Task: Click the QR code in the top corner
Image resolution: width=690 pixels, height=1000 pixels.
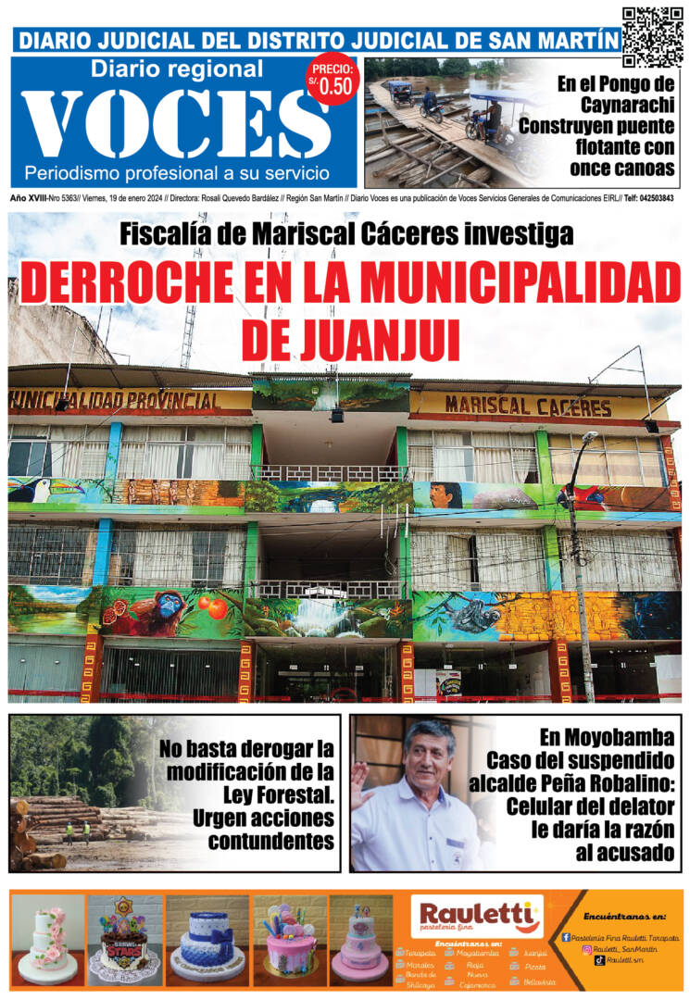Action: (x=652, y=36)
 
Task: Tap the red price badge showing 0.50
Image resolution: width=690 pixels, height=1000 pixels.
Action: (x=331, y=79)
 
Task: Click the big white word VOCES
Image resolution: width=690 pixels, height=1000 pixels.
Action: (x=175, y=124)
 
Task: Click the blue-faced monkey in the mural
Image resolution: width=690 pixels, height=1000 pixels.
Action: (x=168, y=609)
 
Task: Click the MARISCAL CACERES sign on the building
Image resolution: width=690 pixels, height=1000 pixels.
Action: (x=527, y=406)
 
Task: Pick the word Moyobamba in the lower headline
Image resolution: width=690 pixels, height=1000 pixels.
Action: (x=608, y=737)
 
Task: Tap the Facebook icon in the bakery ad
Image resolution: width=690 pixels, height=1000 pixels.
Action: (x=566, y=937)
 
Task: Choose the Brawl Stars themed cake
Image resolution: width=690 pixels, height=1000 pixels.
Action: (x=123, y=940)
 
